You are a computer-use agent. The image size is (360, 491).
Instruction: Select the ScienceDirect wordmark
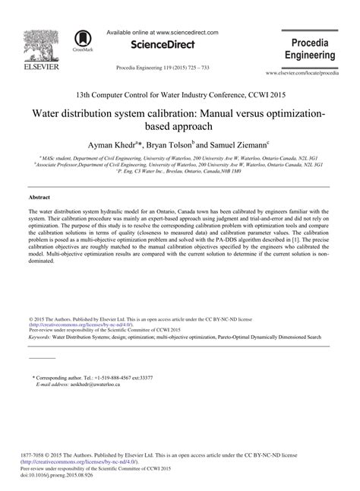[x=159, y=47]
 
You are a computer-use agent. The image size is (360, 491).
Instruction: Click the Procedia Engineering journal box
[x=310, y=48]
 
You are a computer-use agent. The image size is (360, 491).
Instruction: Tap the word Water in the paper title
[x=46, y=112]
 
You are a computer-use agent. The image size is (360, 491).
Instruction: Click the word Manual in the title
[x=221, y=112]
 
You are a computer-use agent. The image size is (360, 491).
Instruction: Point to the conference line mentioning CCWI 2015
[x=180, y=94]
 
